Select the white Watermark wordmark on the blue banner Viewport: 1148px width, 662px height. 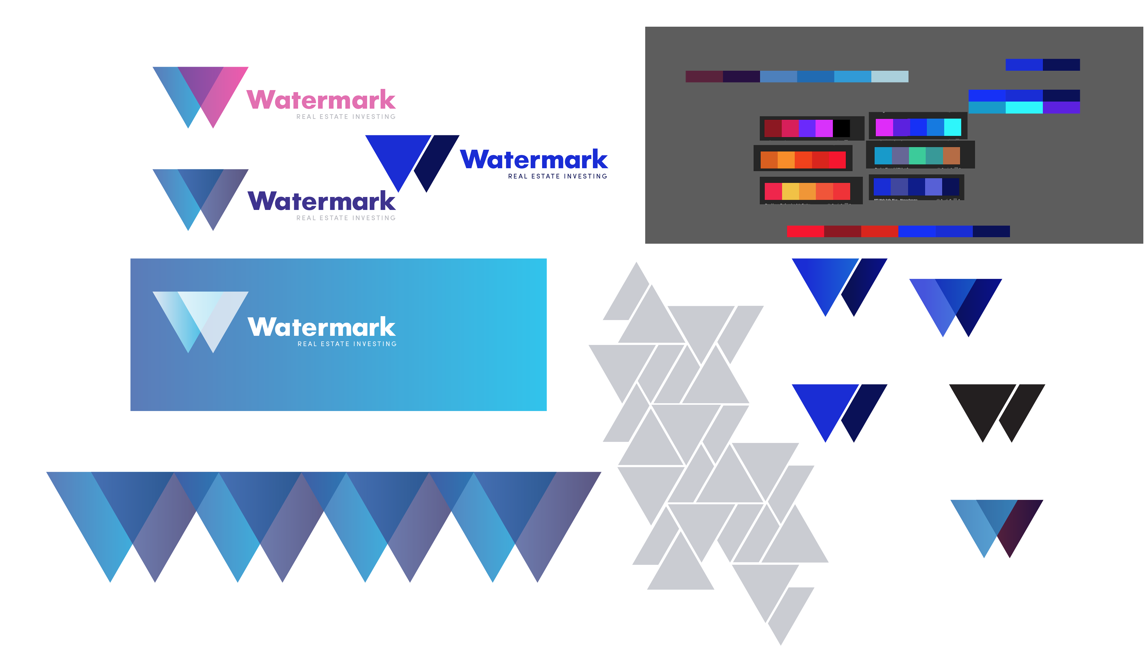click(321, 327)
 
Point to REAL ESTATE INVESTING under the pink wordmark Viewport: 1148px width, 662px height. click(346, 117)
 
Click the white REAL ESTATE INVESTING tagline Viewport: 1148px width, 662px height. click(347, 344)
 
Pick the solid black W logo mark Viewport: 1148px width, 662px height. click(997, 412)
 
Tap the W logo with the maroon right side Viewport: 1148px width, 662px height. click(997, 528)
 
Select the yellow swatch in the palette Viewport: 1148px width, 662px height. click(790, 191)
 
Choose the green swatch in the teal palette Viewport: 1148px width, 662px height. click(917, 155)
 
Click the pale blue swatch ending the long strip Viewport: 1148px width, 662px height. click(889, 77)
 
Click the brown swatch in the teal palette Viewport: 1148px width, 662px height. click(951, 155)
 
